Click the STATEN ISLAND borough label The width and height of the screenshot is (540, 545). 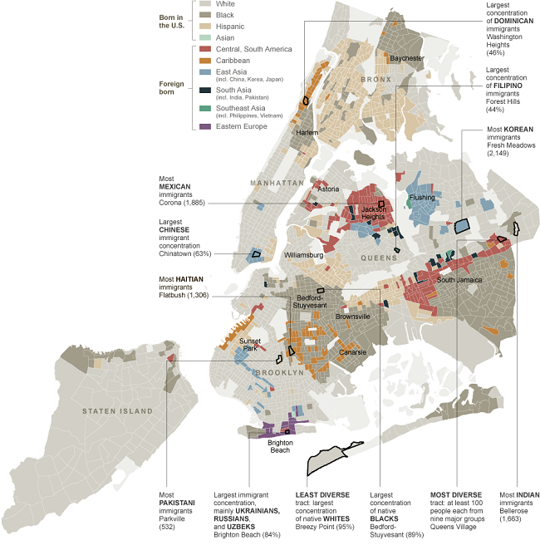tap(117, 411)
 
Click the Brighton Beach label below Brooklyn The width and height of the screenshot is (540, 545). tap(278, 447)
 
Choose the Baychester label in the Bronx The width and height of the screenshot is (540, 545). tap(407, 58)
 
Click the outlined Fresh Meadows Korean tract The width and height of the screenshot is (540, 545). tap(461, 225)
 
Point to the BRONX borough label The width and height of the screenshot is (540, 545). tap(375, 79)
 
